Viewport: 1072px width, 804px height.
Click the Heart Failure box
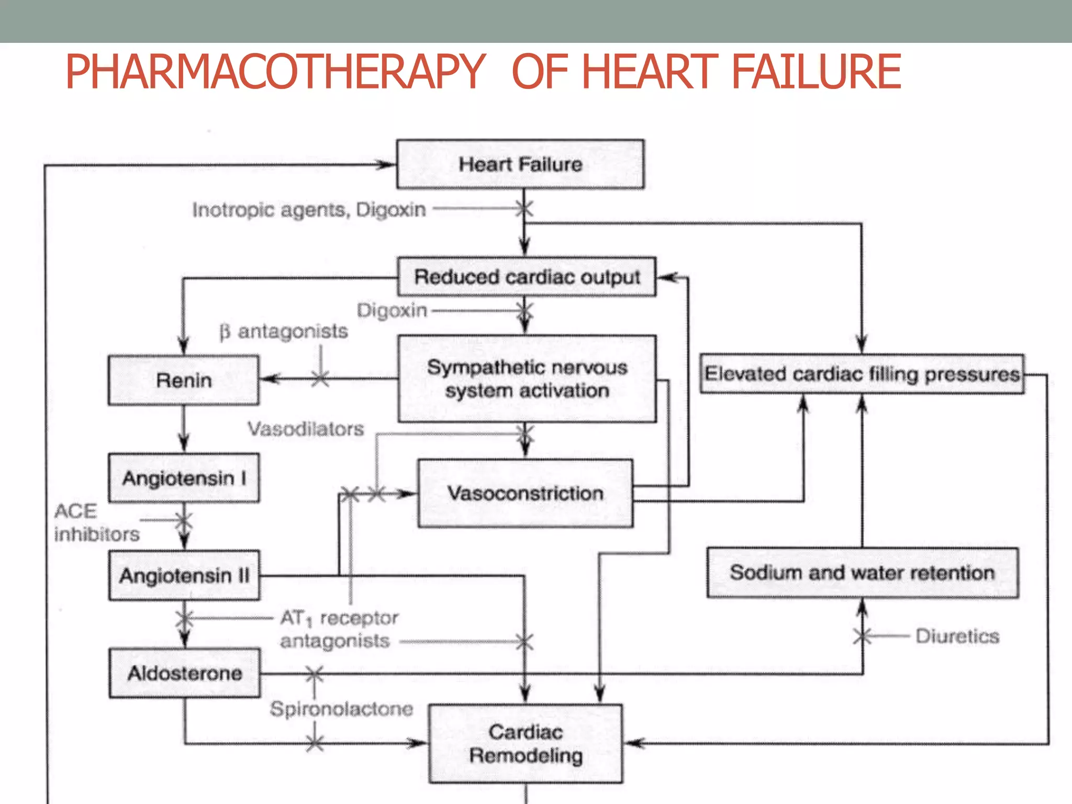click(520, 164)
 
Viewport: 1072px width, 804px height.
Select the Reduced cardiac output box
click(527, 277)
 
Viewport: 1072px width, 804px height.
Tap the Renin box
click(184, 381)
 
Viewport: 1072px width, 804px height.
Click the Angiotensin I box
click(184, 478)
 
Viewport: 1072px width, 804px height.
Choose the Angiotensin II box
click(184, 575)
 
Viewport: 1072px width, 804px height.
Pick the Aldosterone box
click(185, 673)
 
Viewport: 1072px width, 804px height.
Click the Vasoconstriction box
click(525, 493)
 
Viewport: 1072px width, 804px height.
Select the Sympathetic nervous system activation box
click(527, 379)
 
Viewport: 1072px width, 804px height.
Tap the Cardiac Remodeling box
click(526, 744)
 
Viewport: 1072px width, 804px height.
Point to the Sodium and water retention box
click(862, 573)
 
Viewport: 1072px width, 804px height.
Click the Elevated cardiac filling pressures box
click(862, 374)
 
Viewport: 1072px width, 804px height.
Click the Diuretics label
click(957, 636)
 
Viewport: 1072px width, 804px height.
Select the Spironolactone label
click(341, 709)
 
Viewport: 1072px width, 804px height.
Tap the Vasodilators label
click(306, 429)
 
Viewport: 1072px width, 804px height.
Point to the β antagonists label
click(284, 331)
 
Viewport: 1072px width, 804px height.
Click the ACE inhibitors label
click(96, 522)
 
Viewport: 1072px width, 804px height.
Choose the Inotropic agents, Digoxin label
click(309, 210)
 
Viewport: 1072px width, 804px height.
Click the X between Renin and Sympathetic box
click(320, 378)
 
